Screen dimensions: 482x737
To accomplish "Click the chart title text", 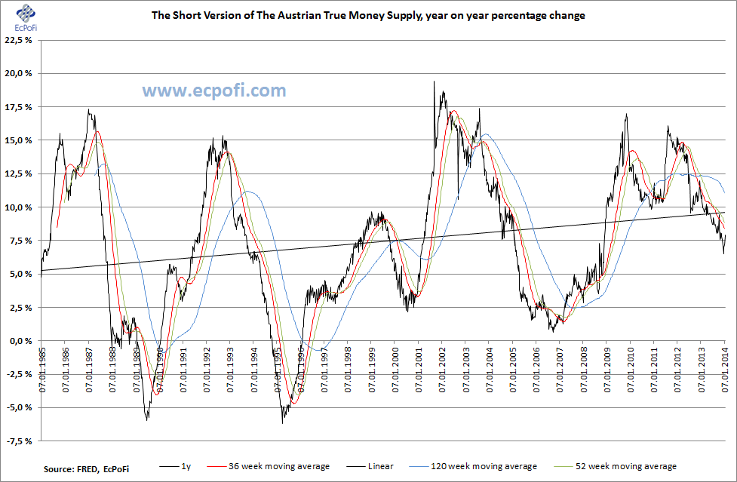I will pyautogui.click(x=368, y=15).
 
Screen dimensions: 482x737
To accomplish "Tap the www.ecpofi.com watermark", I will pyautogui.click(x=214, y=91).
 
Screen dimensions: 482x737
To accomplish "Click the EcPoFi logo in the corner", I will pyautogui.click(x=25, y=17).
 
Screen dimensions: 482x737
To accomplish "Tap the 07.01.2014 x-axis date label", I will pyautogui.click(x=724, y=369).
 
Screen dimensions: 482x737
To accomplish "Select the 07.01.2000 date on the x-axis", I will pyautogui.click(x=395, y=369).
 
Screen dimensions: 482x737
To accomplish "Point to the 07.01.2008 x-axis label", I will pyautogui.click(x=583, y=369).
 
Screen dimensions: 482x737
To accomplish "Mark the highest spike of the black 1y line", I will pyautogui.click(x=435, y=82).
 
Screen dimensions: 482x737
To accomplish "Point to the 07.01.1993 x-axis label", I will pyautogui.click(x=231, y=369).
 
